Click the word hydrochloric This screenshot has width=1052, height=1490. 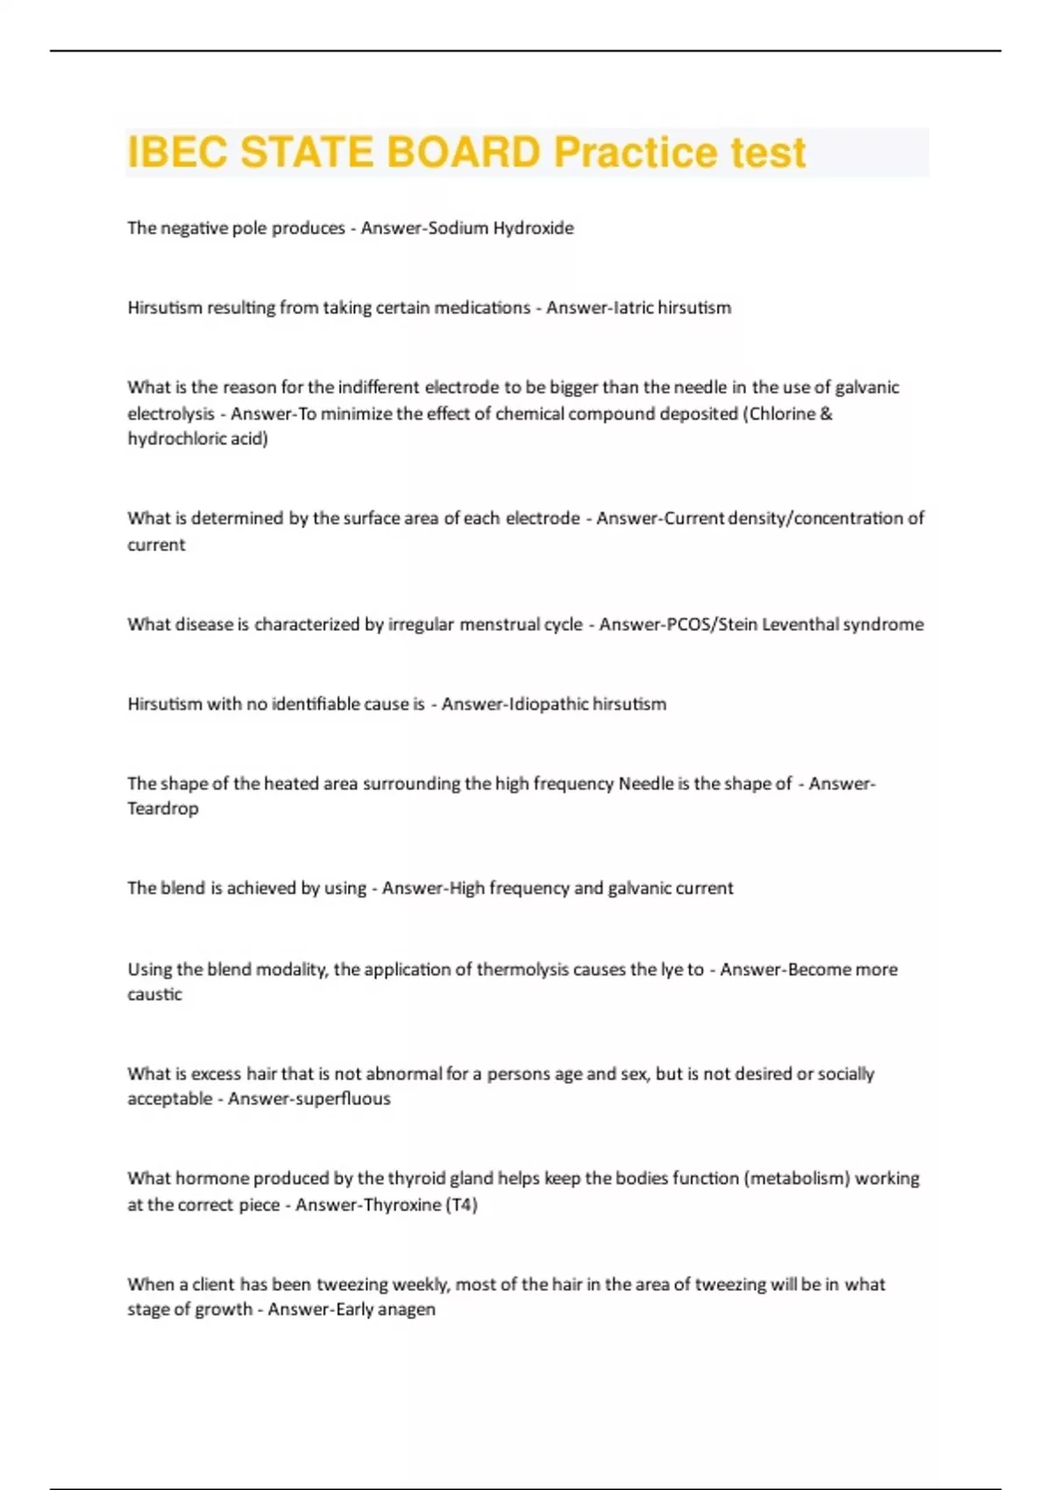point(176,438)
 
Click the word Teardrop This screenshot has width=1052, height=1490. point(163,808)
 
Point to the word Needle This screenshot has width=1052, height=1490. point(645,784)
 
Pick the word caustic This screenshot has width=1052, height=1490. point(155,994)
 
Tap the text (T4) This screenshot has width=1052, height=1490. point(462,1204)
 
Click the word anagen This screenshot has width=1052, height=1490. point(408,1309)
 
